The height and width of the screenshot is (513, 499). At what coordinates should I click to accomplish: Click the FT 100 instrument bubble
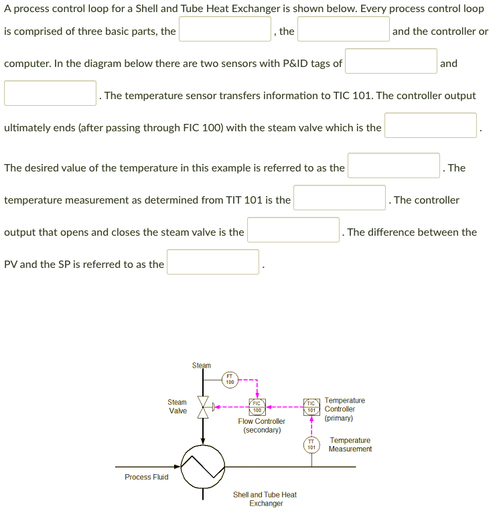230,380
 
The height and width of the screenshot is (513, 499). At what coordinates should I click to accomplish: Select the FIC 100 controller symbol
257,407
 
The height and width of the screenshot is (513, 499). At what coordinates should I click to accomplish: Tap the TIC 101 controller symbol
311,407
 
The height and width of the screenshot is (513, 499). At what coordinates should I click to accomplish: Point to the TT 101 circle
311,444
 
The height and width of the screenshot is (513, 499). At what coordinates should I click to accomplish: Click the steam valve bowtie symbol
204,407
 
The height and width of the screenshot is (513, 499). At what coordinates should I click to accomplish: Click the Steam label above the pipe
202,365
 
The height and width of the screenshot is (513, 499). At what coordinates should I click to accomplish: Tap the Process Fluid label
147,477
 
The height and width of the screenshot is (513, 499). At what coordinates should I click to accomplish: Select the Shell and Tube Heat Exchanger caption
265,499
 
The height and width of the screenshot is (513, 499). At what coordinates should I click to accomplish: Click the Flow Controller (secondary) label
261,425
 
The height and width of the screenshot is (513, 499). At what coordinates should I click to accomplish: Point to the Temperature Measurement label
350,445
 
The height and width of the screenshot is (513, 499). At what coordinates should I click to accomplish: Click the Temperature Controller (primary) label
344,409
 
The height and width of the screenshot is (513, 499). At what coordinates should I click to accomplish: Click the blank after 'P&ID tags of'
391,61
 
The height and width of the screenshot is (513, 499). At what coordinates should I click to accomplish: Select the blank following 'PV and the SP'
213,262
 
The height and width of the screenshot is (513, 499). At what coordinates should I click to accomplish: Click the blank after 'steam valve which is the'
431,125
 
